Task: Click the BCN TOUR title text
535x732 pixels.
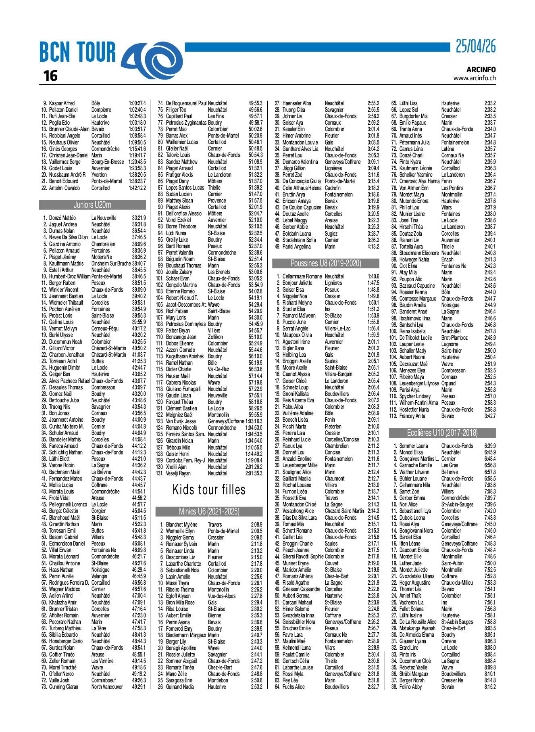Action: (77, 52)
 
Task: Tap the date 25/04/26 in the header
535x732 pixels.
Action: (475, 47)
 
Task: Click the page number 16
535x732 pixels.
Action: (50, 75)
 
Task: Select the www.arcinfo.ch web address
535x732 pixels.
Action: (474, 78)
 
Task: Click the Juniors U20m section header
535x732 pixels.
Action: (92, 205)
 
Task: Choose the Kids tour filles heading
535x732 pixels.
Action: (209, 489)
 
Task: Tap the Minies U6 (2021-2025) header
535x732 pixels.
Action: (209, 511)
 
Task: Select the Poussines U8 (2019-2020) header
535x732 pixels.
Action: (326, 263)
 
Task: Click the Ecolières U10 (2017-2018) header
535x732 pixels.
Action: (442, 433)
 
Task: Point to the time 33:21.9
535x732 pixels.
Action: (139, 218)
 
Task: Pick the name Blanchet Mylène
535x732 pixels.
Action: (182, 525)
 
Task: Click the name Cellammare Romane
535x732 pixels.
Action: (302, 276)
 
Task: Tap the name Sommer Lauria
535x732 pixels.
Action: (414, 446)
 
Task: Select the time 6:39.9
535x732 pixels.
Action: (490, 446)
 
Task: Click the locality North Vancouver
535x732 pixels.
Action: (107, 687)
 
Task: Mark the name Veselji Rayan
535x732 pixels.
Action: (178, 473)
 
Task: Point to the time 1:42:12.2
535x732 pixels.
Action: (137, 188)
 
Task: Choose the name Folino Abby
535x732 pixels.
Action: (410, 687)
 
